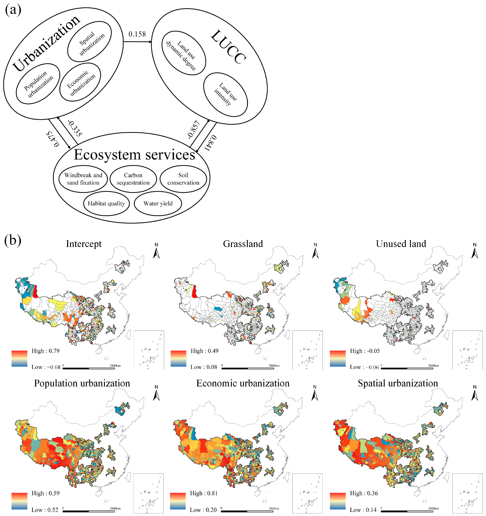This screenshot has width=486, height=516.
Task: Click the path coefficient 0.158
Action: click(x=137, y=34)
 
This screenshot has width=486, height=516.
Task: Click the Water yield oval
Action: click(x=158, y=204)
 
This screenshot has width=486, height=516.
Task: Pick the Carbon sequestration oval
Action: click(x=133, y=179)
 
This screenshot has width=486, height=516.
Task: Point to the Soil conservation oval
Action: click(x=183, y=179)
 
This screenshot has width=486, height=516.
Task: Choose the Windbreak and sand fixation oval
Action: click(x=83, y=179)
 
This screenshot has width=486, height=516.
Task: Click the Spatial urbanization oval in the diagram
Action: click(x=90, y=42)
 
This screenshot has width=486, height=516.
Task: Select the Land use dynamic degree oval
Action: click(x=184, y=53)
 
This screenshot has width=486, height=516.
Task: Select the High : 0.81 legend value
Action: click(x=204, y=493)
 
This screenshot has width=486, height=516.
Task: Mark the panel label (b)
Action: click(x=12, y=241)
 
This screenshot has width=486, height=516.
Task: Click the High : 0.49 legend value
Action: click(x=204, y=351)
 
